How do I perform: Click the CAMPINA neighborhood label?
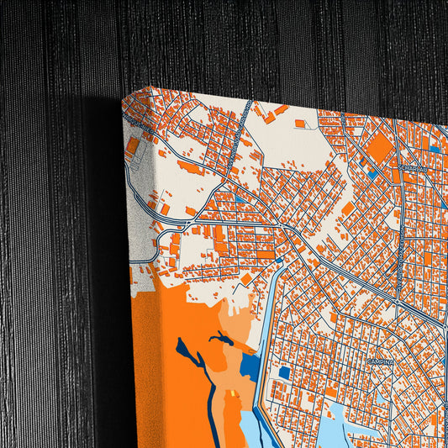point(380,361)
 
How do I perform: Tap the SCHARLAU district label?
point(413,167)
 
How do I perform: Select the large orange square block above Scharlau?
point(379,148)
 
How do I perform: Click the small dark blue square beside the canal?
point(284,372)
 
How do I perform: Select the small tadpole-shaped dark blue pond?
point(223,339)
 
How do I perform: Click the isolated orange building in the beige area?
point(300,124)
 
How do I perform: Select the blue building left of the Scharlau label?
point(372,176)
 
